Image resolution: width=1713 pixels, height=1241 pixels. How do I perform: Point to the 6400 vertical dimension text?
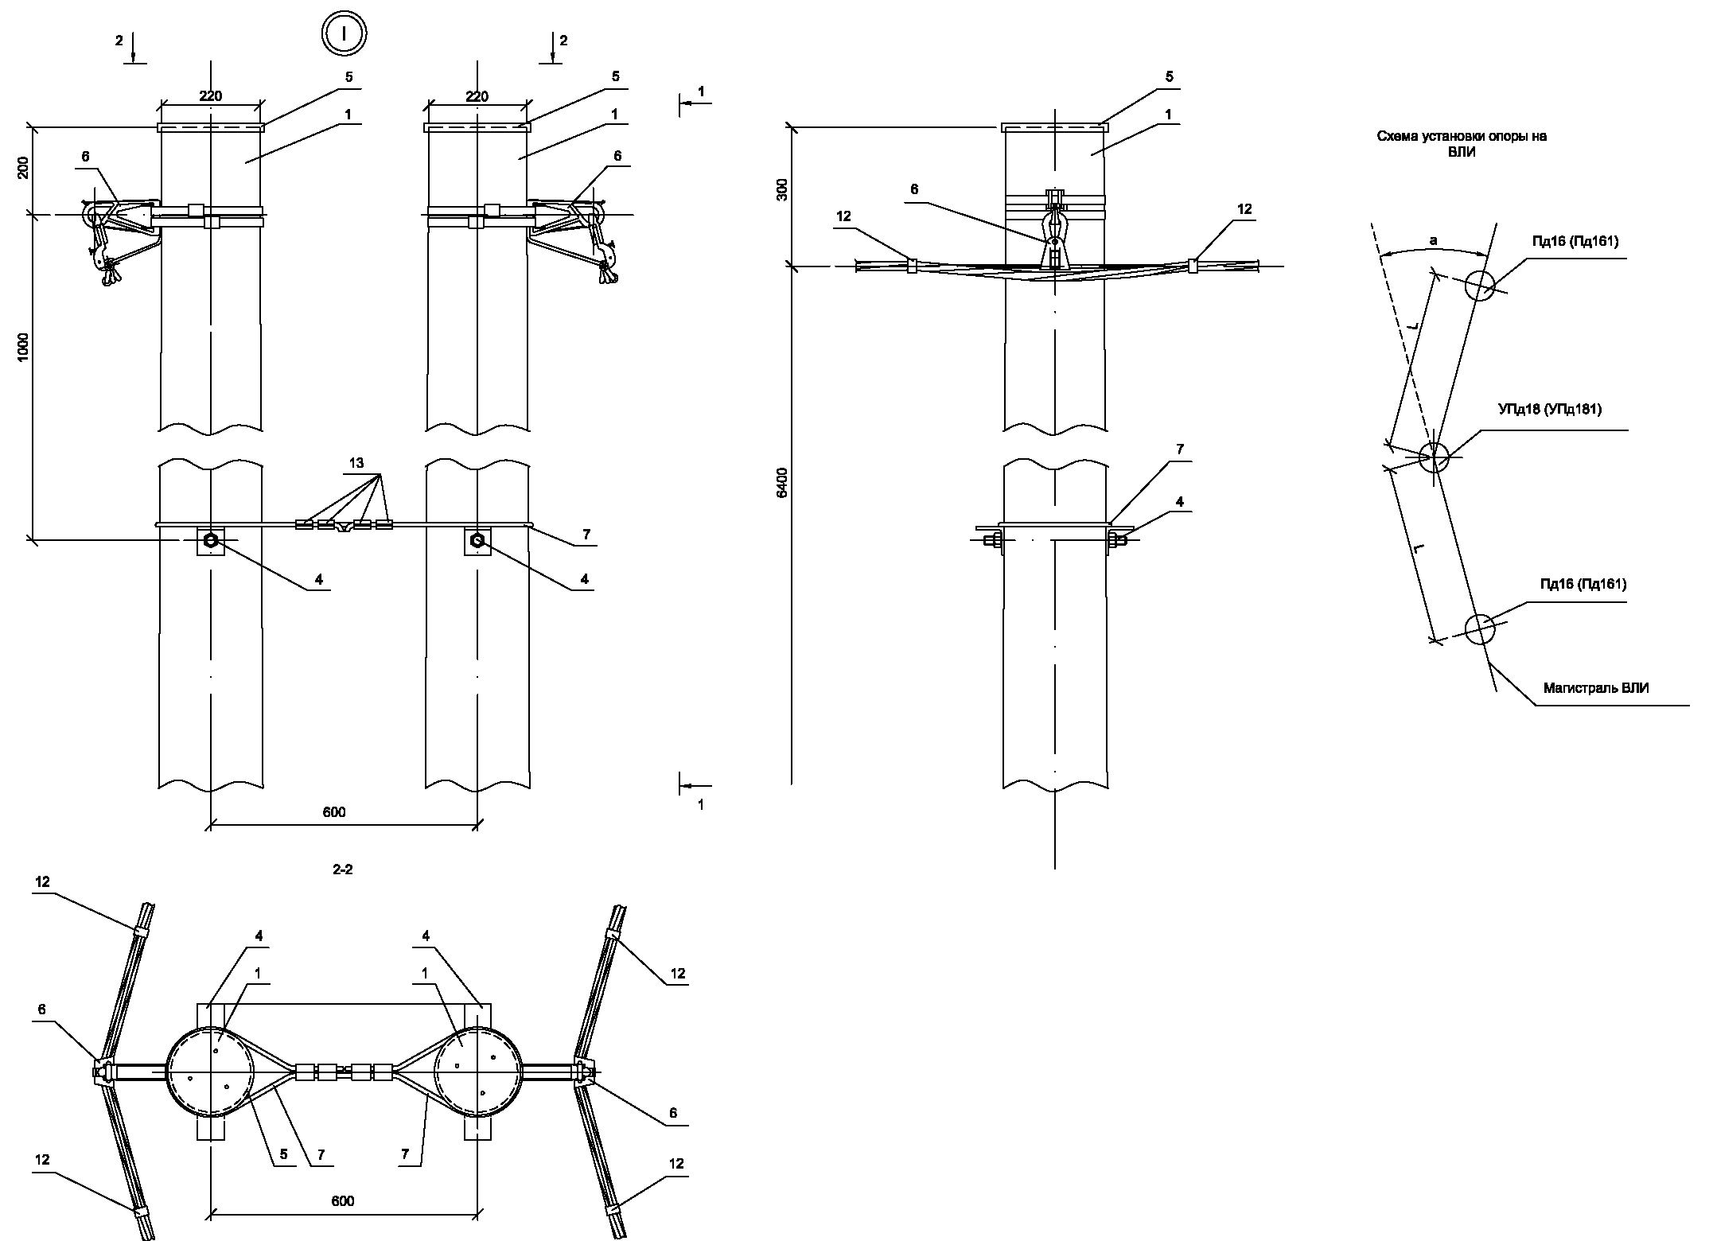click(782, 483)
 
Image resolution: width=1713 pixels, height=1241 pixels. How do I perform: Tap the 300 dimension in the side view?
click(782, 189)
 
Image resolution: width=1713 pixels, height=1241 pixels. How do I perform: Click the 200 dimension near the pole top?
click(23, 168)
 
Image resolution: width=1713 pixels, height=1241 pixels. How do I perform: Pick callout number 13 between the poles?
click(356, 463)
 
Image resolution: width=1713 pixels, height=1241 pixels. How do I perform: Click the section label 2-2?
click(343, 869)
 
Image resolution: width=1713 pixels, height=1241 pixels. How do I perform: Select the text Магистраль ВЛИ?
click(1596, 688)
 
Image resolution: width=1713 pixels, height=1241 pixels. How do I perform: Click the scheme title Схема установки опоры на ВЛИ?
click(1462, 144)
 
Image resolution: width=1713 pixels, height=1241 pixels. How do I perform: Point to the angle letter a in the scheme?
click(1433, 240)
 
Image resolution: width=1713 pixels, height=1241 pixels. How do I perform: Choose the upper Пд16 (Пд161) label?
click(1575, 242)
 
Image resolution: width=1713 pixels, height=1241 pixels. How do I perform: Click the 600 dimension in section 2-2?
click(343, 1200)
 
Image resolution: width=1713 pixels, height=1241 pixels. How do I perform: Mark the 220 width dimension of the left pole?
click(211, 96)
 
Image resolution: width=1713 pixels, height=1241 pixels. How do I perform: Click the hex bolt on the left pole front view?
click(211, 541)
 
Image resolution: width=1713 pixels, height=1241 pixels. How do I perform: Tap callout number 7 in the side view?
click(1180, 449)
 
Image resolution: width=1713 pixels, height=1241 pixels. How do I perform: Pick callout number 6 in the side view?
click(914, 189)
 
